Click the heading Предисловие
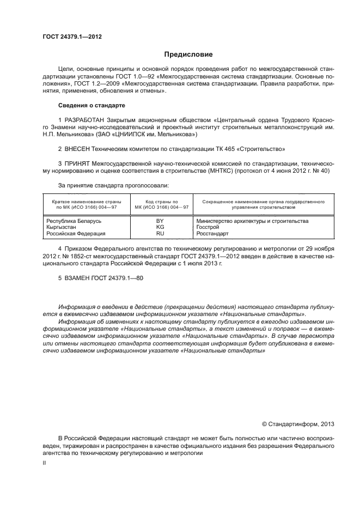tap(189, 54)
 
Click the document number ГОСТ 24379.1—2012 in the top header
tap(72, 37)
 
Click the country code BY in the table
tap(160, 221)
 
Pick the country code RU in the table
tap(160, 233)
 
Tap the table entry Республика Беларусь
tap(74, 221)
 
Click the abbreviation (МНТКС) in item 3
tap(217, 171)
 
